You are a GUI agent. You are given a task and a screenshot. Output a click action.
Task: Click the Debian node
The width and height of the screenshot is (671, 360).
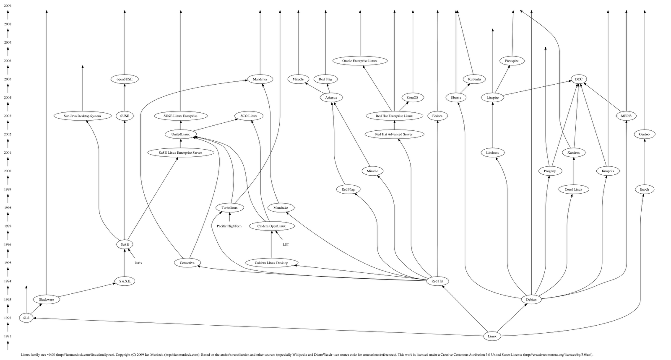(531, 300)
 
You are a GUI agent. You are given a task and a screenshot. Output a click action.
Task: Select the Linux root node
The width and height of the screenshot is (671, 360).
(492, 336)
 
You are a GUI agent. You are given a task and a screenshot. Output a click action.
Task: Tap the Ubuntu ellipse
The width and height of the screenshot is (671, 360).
(456, 98)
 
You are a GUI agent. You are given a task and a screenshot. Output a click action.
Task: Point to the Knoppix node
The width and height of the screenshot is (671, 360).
(608, 171)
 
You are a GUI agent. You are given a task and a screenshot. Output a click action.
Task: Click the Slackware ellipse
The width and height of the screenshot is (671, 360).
(47, 300)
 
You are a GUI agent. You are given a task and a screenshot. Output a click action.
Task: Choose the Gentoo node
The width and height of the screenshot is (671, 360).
(644, 135)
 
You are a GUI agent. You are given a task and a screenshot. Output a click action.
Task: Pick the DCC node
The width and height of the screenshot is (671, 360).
(578, 79)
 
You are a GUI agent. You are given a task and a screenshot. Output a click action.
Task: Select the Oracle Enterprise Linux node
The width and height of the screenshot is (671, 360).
(359, 61)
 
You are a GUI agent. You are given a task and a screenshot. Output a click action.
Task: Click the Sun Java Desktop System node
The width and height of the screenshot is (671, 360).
(82, 116)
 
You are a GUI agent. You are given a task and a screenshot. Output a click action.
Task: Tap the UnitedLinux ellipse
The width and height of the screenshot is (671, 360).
(181, 135)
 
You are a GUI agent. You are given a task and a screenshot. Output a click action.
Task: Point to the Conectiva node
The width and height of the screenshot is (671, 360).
(187, 263)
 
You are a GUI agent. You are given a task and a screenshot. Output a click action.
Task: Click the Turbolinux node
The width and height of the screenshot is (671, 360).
(229, 208)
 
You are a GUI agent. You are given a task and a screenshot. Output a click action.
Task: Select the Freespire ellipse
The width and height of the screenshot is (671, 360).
(512, 61)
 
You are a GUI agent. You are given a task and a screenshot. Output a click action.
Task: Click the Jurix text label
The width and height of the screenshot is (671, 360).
(138, 263)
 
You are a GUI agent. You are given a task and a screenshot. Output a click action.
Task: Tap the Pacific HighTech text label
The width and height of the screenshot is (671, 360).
(229, 226)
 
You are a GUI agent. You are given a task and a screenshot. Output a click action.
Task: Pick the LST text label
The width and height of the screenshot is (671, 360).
(286, 244)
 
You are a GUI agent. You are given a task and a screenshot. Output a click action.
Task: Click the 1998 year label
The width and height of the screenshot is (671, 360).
(8, 208)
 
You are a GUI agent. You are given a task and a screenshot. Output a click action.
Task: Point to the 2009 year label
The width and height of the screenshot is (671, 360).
(8, 6)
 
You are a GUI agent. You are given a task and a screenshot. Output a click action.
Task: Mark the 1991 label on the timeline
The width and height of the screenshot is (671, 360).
(8, 336)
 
